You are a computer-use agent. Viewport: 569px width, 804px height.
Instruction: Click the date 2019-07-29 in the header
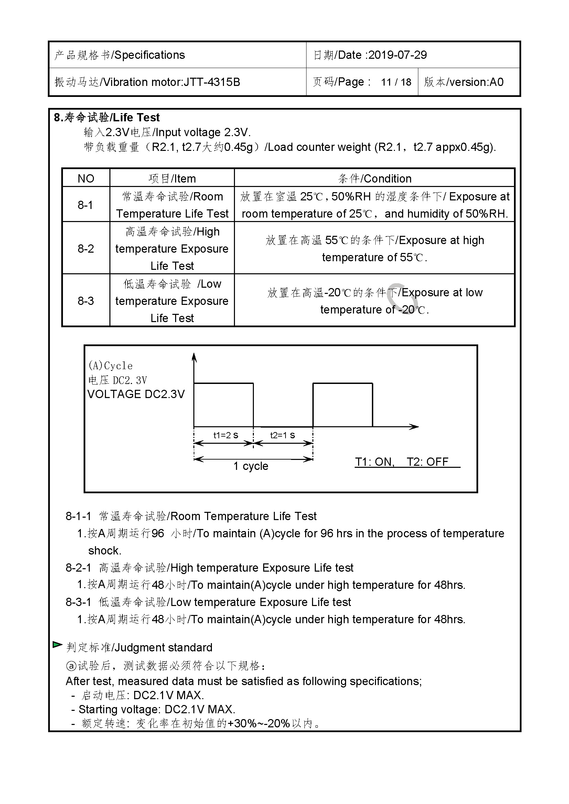397,55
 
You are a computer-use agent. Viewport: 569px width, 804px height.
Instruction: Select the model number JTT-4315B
212,82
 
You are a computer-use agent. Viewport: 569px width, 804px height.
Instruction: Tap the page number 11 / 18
396,82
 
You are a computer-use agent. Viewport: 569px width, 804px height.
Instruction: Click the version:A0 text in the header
476,82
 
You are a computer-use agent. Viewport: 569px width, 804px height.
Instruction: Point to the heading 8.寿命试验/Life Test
107,117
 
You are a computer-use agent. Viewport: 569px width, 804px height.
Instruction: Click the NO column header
86,179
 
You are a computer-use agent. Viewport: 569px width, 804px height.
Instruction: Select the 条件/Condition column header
375,179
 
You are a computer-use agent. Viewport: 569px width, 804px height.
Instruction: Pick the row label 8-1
86,205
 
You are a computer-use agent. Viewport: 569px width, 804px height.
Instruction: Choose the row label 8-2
86,249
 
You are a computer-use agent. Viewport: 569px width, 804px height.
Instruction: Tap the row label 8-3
86,301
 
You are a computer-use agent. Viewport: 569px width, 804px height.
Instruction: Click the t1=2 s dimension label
226,435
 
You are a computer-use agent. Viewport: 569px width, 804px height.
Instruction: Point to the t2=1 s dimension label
282,435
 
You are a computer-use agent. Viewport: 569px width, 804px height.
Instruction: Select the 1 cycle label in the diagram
251,466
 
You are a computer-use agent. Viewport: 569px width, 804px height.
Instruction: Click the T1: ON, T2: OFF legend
401,462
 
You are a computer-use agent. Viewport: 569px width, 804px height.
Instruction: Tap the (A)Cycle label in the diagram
111,366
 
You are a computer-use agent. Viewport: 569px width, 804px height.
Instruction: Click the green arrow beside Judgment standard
57,644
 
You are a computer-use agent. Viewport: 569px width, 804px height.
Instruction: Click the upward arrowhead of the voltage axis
194,357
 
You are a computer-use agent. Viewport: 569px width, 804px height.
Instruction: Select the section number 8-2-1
78,568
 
